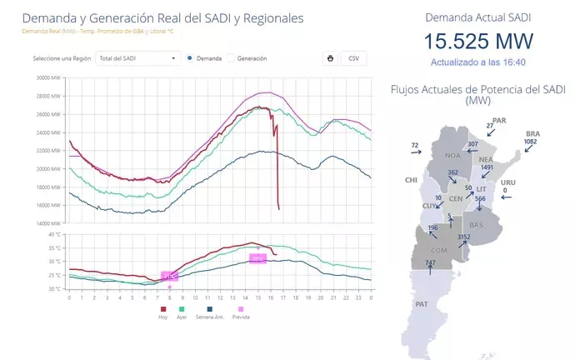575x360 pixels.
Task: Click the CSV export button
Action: (353, 58)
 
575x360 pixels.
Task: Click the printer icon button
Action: (331, 58)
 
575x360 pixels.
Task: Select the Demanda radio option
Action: (191, 58)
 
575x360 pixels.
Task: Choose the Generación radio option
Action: (231, 58)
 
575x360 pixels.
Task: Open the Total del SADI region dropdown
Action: (137, 58)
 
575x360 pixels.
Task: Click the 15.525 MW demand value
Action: (478, 42)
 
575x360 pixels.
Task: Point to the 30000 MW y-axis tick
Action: (50, 78)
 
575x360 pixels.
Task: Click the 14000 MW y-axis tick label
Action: (50, 223)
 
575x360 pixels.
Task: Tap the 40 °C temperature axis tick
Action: (56, 235)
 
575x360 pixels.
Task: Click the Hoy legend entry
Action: (162, 316)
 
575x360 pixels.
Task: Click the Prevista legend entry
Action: (241, 316)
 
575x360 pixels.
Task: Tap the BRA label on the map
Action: (532, 133)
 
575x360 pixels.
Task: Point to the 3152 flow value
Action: (464, 237)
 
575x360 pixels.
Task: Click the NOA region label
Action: (452, 155)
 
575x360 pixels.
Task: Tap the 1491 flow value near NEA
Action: (487, 167)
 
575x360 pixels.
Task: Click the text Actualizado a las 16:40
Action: (478, 62)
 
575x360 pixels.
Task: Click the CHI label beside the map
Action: (410, 179)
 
